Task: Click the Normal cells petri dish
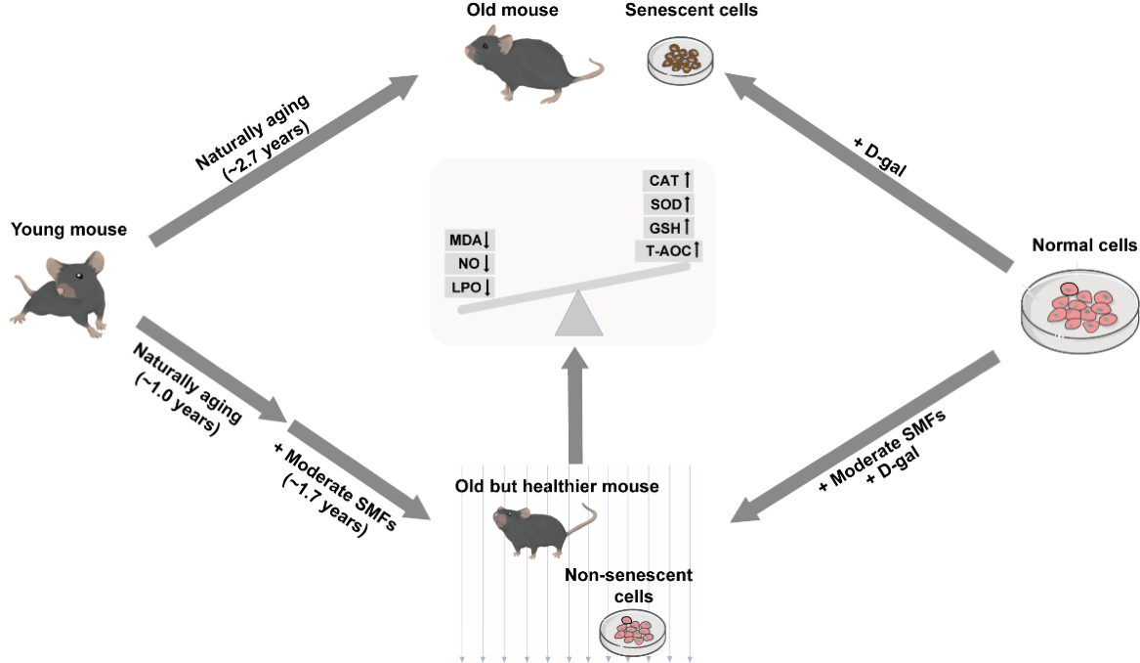click(x=1080, y=311)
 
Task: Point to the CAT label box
click(x=669, y=180)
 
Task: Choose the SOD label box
click(x=669, y=203)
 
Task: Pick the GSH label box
click(x=669, y=227)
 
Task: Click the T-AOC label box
click(x=669, y=250)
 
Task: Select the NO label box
click(x=472, y=263)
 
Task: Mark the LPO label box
click(x=472, y=287)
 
